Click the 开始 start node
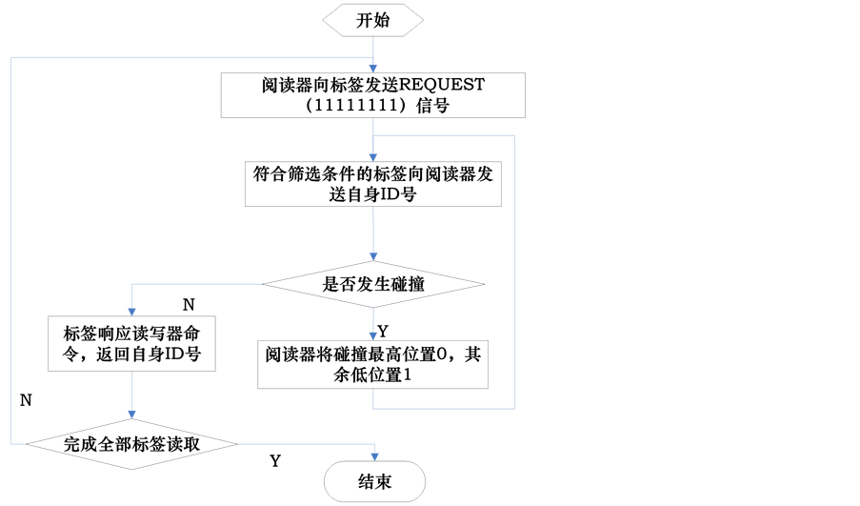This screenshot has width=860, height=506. coord(372,22)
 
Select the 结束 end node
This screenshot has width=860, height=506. coord(372,481)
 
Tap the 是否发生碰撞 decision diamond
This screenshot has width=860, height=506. coord(372,283)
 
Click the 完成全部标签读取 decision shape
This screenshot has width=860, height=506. coord(130,443)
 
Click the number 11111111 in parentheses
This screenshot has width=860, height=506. coord(357,108)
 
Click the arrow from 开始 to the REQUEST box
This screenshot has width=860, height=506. coord(372,56)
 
